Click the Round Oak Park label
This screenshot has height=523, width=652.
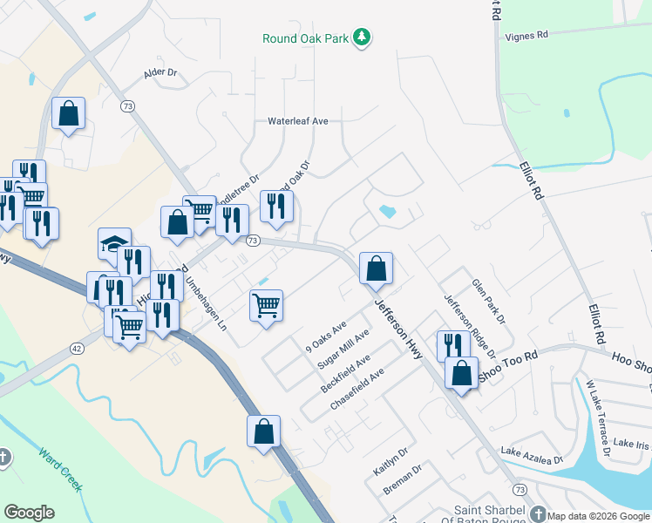tap(305, 38)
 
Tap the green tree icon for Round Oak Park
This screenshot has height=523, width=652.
tap(363, 38)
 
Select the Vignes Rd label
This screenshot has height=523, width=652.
tap(526, 36)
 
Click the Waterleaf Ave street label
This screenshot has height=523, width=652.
tap(297, 121)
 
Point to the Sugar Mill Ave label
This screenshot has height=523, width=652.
tap(344, 350)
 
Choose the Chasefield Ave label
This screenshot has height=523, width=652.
tap(357, 391)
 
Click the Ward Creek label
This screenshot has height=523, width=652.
tap(61, 469)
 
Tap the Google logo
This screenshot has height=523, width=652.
tap(29, 513)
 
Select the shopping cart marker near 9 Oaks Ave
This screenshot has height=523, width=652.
tap(266, 306)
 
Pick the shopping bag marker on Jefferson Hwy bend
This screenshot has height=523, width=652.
tap(376, 268)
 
